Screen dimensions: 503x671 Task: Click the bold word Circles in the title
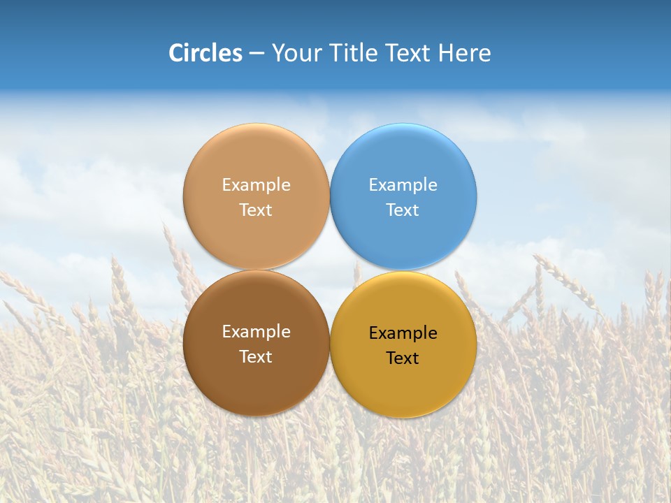click(x=205, y=53)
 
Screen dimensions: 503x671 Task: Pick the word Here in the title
click(x=464, y=53)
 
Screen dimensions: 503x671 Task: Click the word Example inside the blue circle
click(x=403, y=185)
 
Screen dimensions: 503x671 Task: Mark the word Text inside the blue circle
click(x=403, y=210)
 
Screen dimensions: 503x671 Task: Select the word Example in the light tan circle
click(x=256, y=185)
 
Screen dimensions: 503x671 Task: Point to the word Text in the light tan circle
click(x=256, y=210)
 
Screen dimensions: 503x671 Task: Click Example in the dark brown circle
click(x=256, y=332)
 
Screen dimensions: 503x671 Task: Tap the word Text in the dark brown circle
click(x=256, y=357)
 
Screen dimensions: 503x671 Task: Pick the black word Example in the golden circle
click(x=403, y=333)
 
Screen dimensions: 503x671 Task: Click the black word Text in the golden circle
click(x=403, y=358)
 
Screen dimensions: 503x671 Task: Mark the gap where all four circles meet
click(x=330, y=270)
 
